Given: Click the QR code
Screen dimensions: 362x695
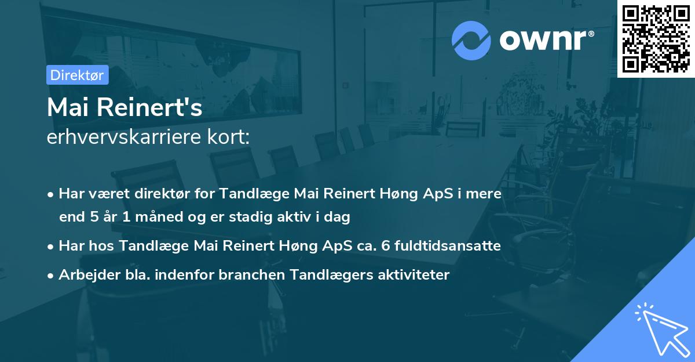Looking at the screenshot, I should [656, 38].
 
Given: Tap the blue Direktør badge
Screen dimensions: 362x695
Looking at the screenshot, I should [77, 75].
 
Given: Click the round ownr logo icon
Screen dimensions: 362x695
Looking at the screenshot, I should [471, 40].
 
